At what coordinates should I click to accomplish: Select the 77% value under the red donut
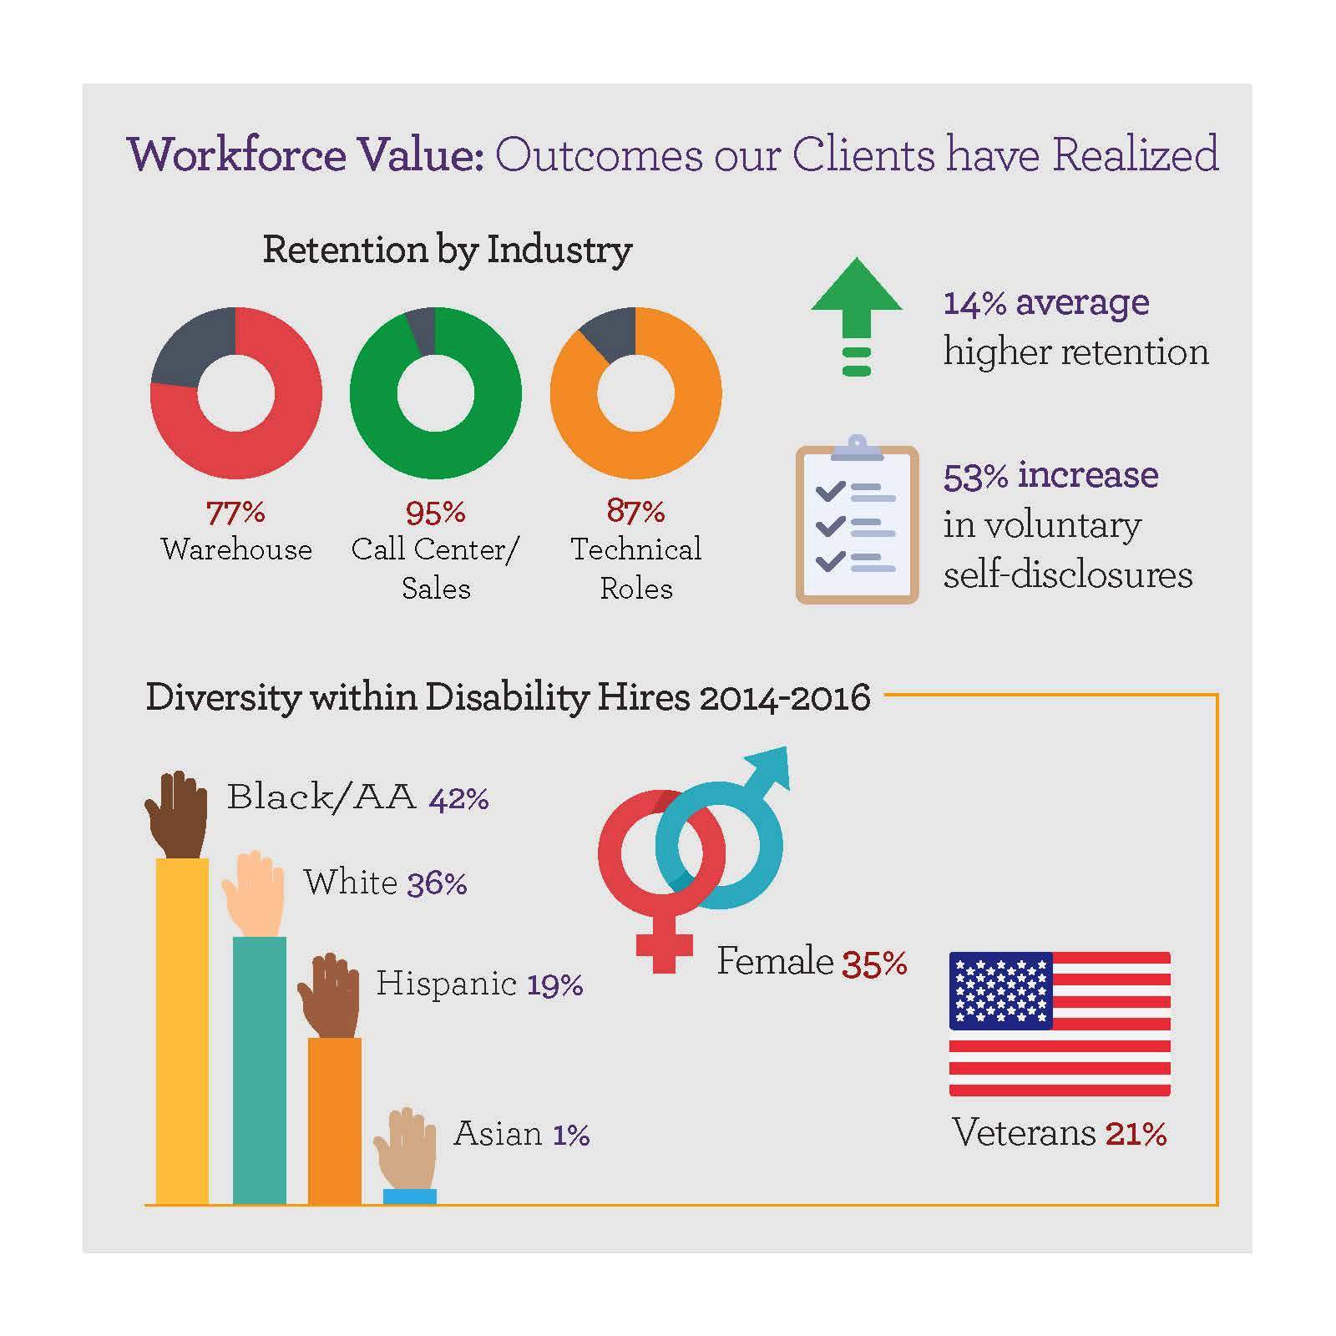(x=235, y=512)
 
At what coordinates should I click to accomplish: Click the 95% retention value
(x=436, y=512)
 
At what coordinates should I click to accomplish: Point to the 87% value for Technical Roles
(x=635, y=510)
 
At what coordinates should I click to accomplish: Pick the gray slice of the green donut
(x=422, y=330)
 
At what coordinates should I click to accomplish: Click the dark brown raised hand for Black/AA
(x=177, y=814)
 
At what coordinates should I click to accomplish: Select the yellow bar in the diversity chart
(x=182, y=1031)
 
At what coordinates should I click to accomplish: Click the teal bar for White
(x=259, y=1069)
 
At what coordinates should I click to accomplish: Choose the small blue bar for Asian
(x=409, y=1197)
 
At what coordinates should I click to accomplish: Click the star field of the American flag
(x=1000, y=990)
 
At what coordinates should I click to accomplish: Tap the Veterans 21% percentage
(x=1136, y=1134)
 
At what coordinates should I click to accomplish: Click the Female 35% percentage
(x=874, y=964)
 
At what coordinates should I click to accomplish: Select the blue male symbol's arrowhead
(x=772, y=764)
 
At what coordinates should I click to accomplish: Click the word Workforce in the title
(x=237, y=156)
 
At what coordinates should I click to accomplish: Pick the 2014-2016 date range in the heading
(x=784, y=697)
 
